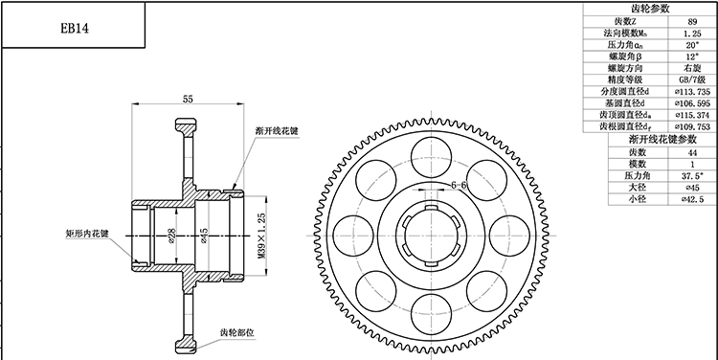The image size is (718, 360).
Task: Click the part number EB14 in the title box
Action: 73,28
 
